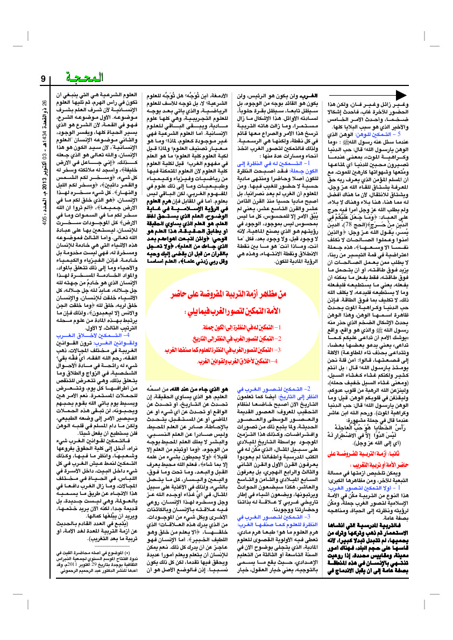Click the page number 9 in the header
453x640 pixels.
[44, 81]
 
